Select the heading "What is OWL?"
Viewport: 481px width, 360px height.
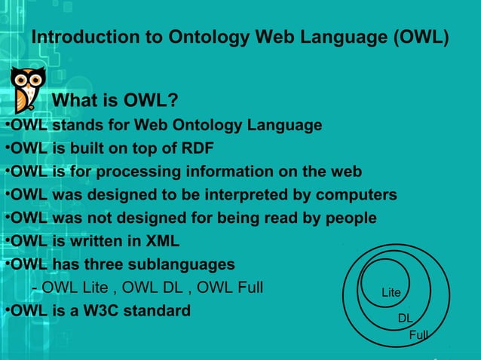[113, 101]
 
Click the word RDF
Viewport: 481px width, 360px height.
[195, 148]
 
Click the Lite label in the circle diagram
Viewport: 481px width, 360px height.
[391, 292]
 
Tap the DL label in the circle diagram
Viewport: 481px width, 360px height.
[405, 319]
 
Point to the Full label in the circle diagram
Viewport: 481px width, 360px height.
[418, 334]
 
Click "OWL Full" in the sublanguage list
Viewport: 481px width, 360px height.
[231, 288]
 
